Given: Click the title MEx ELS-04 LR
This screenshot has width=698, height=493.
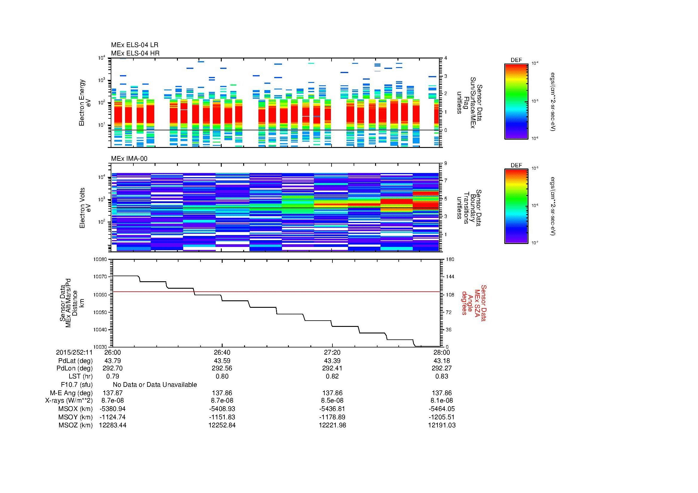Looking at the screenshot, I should click(134, 45).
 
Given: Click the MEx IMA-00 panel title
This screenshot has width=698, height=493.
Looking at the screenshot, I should click(129, 159).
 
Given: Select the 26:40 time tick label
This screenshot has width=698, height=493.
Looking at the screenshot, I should click(222, 352).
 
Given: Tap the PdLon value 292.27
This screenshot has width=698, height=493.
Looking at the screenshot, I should click(442, 368).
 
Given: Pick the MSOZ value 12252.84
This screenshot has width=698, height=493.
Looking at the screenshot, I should click(222, 425).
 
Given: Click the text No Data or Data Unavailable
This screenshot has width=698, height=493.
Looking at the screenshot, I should click(155, 384).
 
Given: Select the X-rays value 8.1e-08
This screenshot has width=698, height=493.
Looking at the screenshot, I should click(442, 401).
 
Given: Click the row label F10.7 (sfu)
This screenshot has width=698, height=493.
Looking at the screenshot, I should click(77, 384).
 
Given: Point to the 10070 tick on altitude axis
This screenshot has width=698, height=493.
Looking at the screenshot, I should click(100, 277).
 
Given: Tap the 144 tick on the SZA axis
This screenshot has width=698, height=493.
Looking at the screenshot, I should click(450, 277).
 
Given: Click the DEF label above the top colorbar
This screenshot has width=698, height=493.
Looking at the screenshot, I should click(516, 60).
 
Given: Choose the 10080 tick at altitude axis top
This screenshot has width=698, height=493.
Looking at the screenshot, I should click(100, 259).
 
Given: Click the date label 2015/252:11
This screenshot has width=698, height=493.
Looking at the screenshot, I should click(74, 352).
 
